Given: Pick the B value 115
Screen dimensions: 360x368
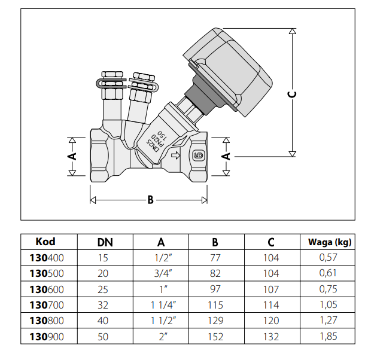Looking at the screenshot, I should pyautogui.click(x=215, y=305).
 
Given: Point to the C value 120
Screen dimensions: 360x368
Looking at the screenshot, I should pyautogui.click(x=271, y=321).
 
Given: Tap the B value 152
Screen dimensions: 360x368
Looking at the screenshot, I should pyautogui.click(x=215, y=337).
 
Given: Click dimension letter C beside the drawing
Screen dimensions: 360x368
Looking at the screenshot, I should pyautogui.click(x=292, y=94).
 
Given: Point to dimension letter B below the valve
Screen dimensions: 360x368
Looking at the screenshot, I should pyautogui.click(x=150, y=199).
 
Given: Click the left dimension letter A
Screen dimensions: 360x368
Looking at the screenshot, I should pyautogui.click(x=71, y=156).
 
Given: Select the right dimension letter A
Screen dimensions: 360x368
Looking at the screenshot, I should pyautogui.click(x=226, y=156).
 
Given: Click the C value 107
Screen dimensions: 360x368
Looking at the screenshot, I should pyautogui.click(x=271, y=289).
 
